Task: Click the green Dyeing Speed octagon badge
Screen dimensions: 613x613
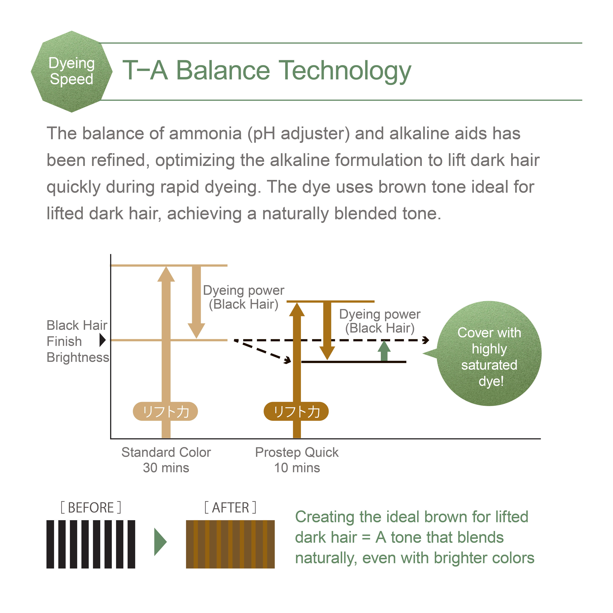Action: pos(72,72)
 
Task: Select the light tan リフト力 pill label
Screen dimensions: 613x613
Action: pos(165,412)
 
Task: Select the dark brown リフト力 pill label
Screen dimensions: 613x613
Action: pos(296,412)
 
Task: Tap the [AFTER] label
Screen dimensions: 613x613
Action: pos(230,508)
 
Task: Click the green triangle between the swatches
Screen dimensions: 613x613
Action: pos(160,542)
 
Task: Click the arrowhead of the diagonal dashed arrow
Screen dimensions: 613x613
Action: pos(288,360)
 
